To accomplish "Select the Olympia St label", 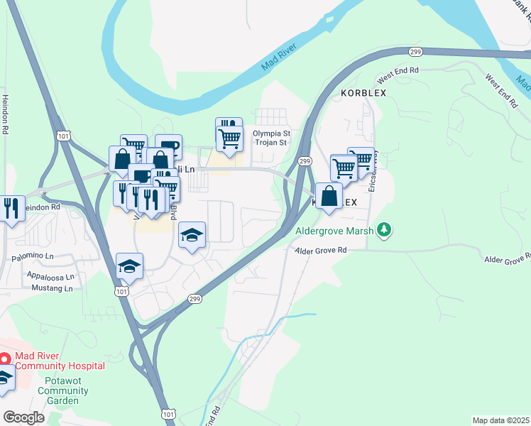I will (273, 133).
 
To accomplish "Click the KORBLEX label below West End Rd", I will (363, 93).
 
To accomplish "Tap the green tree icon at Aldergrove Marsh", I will (384, 229).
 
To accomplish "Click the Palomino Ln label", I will (32, 256).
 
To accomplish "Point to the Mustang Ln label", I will (52, 288).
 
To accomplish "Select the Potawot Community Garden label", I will (63, 391).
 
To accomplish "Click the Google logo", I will (23, 417).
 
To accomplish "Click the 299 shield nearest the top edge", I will (417, 50).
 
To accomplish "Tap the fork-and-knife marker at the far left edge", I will (11, 208).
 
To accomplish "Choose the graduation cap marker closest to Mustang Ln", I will (130, 266).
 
